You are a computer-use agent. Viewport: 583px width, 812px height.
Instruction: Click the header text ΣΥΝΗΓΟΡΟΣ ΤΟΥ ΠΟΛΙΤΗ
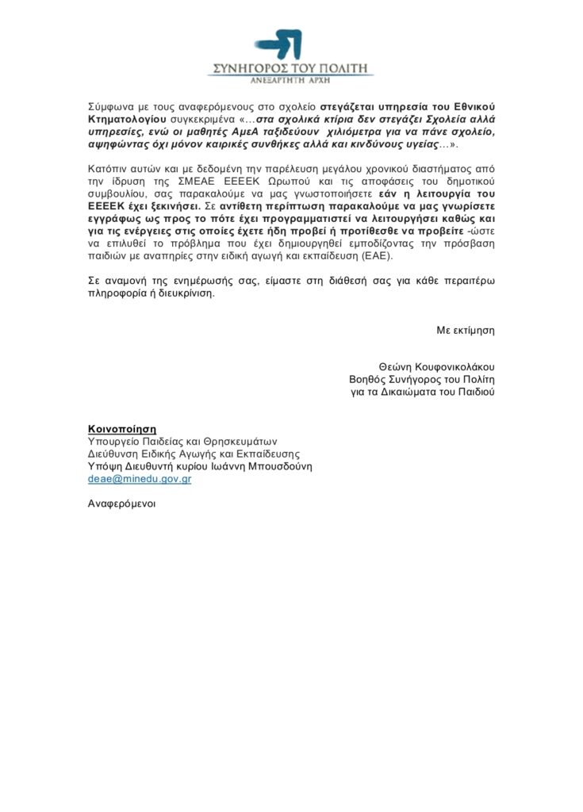tap(290, 68)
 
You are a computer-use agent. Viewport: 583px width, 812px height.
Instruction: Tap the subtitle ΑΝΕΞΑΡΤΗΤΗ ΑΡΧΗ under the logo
tap(290, 82)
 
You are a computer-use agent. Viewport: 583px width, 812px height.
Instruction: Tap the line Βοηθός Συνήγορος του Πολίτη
tap(416, 379)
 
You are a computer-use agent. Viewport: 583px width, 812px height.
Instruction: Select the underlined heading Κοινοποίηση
tap(122, 429)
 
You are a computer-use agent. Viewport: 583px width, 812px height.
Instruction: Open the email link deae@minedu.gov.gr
tap(139, 479)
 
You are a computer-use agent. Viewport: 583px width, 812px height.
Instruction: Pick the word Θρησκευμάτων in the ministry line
tap(243, 442)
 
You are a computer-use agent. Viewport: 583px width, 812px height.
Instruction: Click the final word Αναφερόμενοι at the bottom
tap(121, 504)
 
